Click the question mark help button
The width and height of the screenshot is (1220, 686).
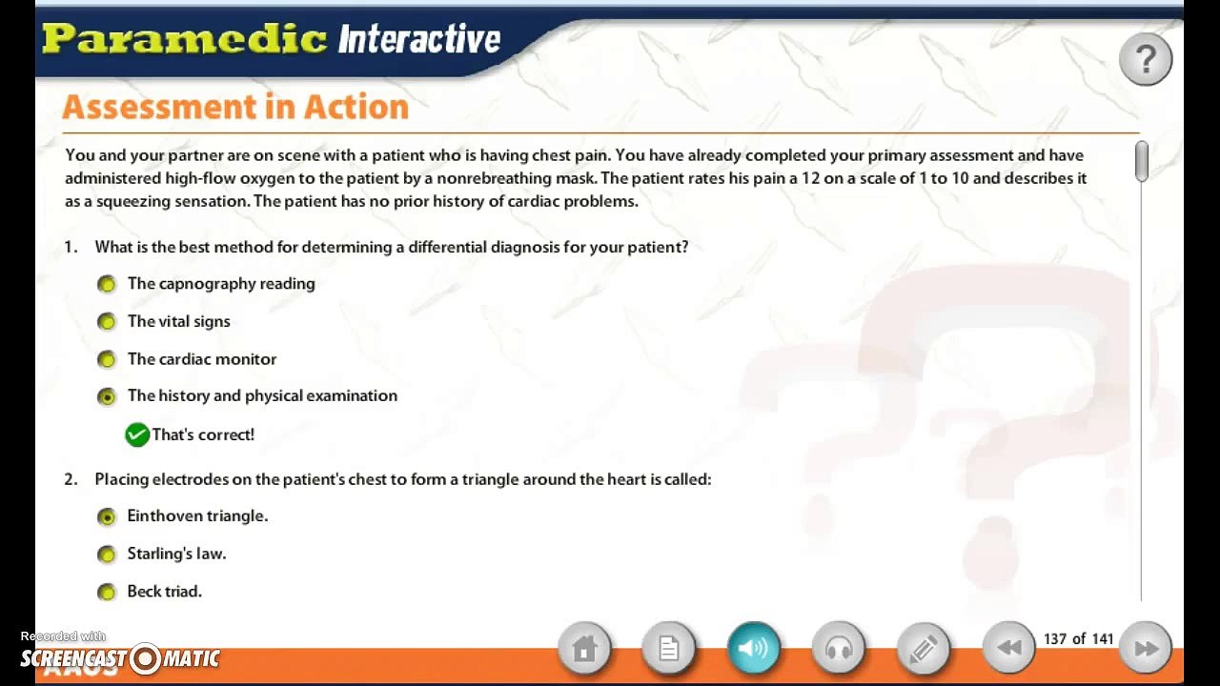click(1146, 59)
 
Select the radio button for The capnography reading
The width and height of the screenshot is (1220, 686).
click(107, 284)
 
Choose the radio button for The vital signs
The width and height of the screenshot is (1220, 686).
click(107, 322)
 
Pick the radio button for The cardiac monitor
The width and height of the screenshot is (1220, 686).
click(107, 359)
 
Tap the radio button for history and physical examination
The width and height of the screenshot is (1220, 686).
click(107, 397)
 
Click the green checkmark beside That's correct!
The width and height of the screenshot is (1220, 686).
click(137, 435)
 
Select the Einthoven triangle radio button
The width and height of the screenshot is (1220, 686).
click(107, 516)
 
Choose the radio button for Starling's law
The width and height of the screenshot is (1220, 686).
click(107, 555)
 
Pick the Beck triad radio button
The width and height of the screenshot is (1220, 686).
click(107, 592)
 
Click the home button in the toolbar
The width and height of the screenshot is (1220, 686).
click(584, 648)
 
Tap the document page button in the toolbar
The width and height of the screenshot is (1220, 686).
click(669, 648)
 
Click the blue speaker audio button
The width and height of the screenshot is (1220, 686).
click(754, 648)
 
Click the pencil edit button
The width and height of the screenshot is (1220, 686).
click(924, 648)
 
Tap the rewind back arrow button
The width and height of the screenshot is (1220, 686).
click(1009, 648)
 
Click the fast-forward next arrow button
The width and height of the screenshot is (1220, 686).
click(1146, 648)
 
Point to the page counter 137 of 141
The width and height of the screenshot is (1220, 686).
click(1078, 638)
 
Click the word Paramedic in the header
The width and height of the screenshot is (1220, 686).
click(185, 39)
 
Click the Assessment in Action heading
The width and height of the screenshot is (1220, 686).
click(235, 107)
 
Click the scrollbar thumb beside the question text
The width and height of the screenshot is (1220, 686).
click(1142, 161)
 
